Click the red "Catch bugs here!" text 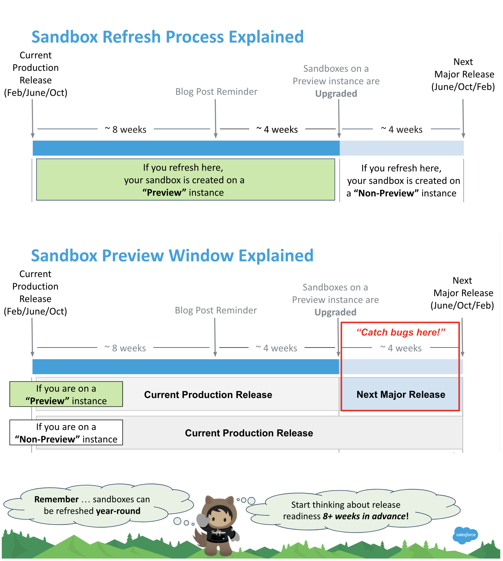400,332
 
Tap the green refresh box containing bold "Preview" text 185,180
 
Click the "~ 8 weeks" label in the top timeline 126,129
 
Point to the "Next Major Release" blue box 400,394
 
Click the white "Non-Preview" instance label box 66,433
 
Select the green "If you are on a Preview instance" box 66,394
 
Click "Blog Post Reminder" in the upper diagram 216,91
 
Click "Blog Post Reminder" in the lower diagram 216,310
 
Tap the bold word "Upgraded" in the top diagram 336,94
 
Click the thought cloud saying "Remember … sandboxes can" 92,505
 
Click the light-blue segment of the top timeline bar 401,148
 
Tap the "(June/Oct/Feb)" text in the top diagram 463,87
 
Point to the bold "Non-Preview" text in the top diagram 386,193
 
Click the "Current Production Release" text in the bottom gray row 249,433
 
